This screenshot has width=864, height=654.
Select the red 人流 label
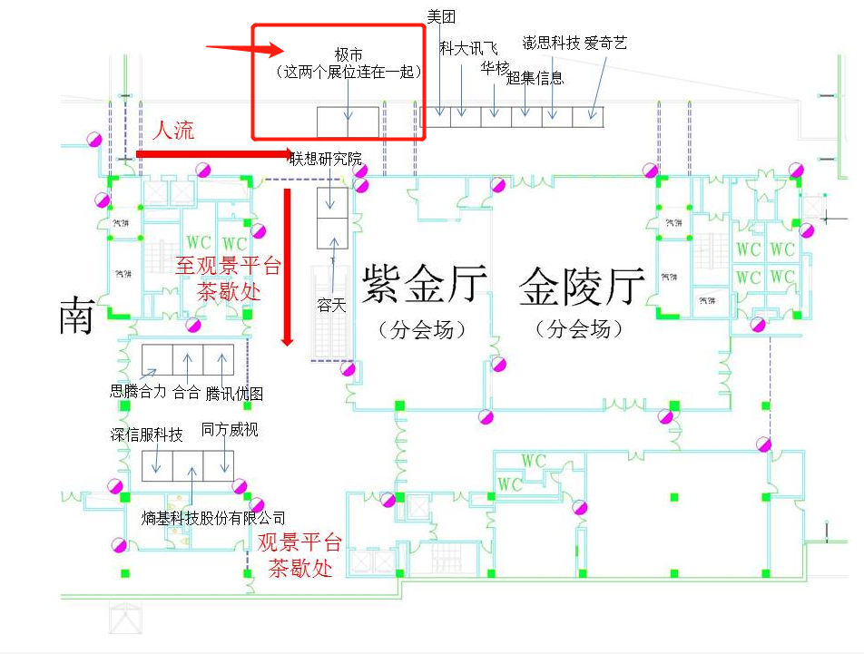(172, 130)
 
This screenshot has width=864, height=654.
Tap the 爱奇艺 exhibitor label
(605, 43)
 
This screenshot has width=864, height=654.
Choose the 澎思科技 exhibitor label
(551, 43)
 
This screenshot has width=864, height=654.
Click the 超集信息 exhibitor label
(535, 77)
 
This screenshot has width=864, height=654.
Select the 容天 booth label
(331, 306)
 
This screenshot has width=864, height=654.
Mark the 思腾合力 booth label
(138, 392)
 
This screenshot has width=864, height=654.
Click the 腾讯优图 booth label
(234, 393)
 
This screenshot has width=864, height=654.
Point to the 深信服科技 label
(146, 434)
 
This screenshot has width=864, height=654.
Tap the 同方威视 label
(230, 429)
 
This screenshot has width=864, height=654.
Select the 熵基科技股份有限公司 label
(213, 518)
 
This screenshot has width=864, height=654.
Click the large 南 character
(78, 315)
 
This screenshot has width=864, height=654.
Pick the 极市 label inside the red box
(349, 54)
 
